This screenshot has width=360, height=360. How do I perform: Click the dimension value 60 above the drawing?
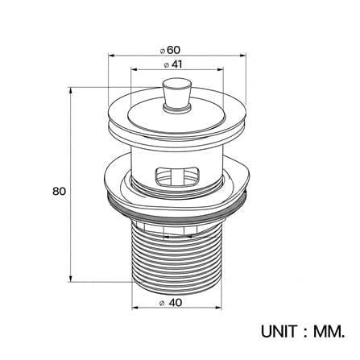(x=173, y=50)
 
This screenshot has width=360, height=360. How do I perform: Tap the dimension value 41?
(x=176, y=64)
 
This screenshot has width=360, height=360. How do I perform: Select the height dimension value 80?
(x=59, y=192)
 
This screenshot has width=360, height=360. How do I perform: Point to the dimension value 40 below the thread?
(x=176, y=303)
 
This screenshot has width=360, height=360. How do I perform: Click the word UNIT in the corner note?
(x=279, y=332)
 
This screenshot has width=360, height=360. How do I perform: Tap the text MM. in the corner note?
(x=329, y=332)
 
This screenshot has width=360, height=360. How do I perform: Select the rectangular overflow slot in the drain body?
(x=177, y=176)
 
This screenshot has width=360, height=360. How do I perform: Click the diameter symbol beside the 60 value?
(x=162, y=51)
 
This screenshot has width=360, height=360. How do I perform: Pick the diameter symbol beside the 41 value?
(x=166, y=65)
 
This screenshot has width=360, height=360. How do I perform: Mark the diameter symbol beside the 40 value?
(x=162, y=304)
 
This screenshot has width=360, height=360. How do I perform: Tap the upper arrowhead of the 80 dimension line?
(x=71, y=90)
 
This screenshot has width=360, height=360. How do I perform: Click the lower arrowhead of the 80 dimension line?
(x=71, y=279)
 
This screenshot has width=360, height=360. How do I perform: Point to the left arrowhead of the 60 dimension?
(x=111, y=56)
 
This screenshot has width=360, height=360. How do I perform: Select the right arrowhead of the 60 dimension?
(x=242, y=56)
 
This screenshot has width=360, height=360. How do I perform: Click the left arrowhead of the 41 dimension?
(x=134, y=70)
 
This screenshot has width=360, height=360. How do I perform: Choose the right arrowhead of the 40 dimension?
(x=218, y=308)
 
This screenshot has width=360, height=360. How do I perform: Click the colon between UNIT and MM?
(x=305, y=333)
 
